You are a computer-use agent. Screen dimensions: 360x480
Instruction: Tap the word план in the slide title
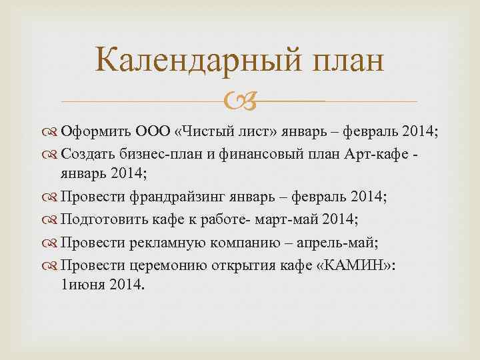347,61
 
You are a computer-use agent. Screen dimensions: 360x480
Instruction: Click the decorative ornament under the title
239,102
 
